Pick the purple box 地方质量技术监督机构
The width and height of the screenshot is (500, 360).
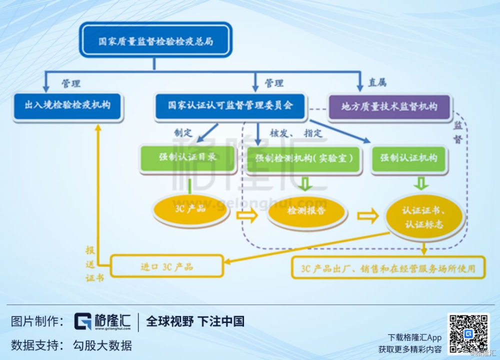tap(389, 106)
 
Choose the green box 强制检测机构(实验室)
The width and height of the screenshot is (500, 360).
tap(304, 158)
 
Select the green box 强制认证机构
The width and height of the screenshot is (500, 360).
tap(408, 158)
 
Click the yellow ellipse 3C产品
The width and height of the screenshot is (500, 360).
tap(190, 209)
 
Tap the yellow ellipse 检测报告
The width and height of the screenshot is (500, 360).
tap(306, 211)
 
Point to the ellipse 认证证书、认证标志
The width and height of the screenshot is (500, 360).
tap(423, 217)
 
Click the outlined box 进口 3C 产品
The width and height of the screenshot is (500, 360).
tap(166, 266)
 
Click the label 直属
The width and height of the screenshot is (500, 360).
tap(377, 83)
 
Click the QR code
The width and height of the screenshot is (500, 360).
tap(468, 333)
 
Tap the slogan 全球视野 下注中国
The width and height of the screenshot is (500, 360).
tap(195, 321)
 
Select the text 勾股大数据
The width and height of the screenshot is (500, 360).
tap(102, 345)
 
